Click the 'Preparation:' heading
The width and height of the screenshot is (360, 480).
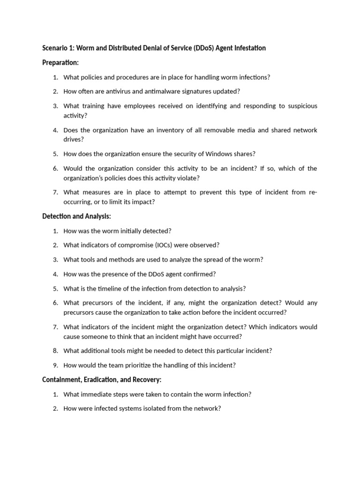(60, 62)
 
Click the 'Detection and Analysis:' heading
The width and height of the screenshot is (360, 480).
(76, 216)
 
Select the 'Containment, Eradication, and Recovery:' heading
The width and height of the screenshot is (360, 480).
(102, 380)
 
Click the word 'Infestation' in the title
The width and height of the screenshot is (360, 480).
(249, 48)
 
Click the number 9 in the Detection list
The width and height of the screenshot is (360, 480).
(55, 365)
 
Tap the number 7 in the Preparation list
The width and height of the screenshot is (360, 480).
(55, 192)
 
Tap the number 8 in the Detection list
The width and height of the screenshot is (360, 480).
(55, 351)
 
